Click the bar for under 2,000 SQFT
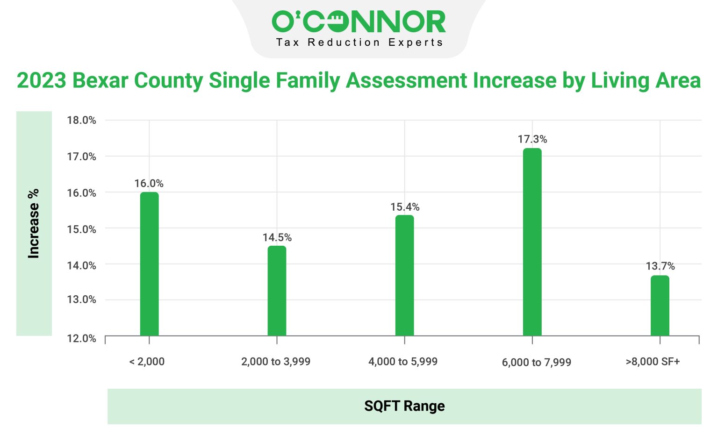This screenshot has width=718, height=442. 149,264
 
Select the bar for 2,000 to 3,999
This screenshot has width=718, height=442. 277,291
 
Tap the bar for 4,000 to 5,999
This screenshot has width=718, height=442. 404,275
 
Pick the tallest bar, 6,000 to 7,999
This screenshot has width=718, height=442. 532,242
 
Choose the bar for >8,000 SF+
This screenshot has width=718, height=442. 660,306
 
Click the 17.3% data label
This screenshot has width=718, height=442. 532,139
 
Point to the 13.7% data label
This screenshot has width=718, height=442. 660,266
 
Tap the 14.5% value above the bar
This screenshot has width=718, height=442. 277,237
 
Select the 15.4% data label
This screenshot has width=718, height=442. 405,207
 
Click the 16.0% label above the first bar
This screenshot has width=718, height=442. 149,184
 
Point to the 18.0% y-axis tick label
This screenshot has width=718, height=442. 81,121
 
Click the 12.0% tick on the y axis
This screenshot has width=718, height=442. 81,338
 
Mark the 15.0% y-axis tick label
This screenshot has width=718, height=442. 81,229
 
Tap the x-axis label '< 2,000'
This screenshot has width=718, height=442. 147,362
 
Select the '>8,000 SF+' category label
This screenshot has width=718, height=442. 653,362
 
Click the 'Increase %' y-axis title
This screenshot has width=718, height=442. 34,223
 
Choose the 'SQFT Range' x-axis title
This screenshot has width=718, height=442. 404,406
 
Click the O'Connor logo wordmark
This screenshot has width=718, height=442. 359,21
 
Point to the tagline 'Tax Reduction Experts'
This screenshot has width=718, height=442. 359,43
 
